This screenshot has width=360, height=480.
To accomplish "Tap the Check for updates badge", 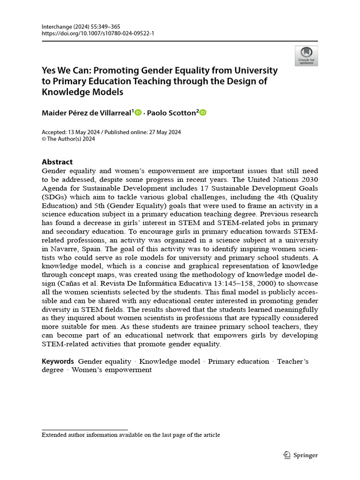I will pyautogui.click(x=306, y=56).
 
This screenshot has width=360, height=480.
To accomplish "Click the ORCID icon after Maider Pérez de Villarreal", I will pyautogui.click(x=138, y=112).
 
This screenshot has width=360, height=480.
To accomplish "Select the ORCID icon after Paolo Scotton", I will pyautogui.click(x=203, y=112).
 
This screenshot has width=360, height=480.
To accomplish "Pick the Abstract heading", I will pyautogui.click(x=57, y=162).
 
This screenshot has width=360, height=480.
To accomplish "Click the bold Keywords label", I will pyautogui.click(x=58, y=361).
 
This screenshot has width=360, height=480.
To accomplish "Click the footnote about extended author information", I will pyautogui.click(x=131, y=435).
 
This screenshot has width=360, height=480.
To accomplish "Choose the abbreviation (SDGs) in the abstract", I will pyautogui.click(x=56, y=197).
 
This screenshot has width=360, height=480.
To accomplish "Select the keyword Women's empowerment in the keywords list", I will pyautogui.click(x=112, y=370).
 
